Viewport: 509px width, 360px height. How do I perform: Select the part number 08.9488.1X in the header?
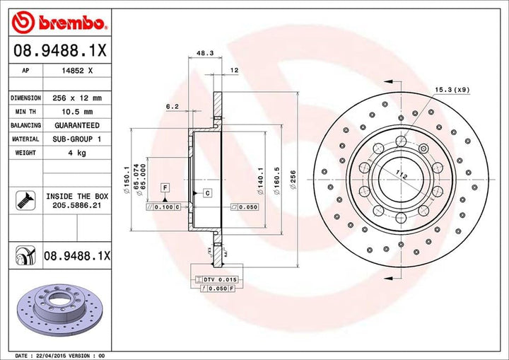click(x=59, y=52)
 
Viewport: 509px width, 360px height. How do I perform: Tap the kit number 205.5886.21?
click(x=77, y=204)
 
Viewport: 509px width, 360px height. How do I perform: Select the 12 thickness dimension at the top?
click(x=234, y=71)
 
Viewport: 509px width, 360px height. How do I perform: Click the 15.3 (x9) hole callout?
click(x=452, y=90)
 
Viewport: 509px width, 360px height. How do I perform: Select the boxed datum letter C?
click(x=208, y=192)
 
